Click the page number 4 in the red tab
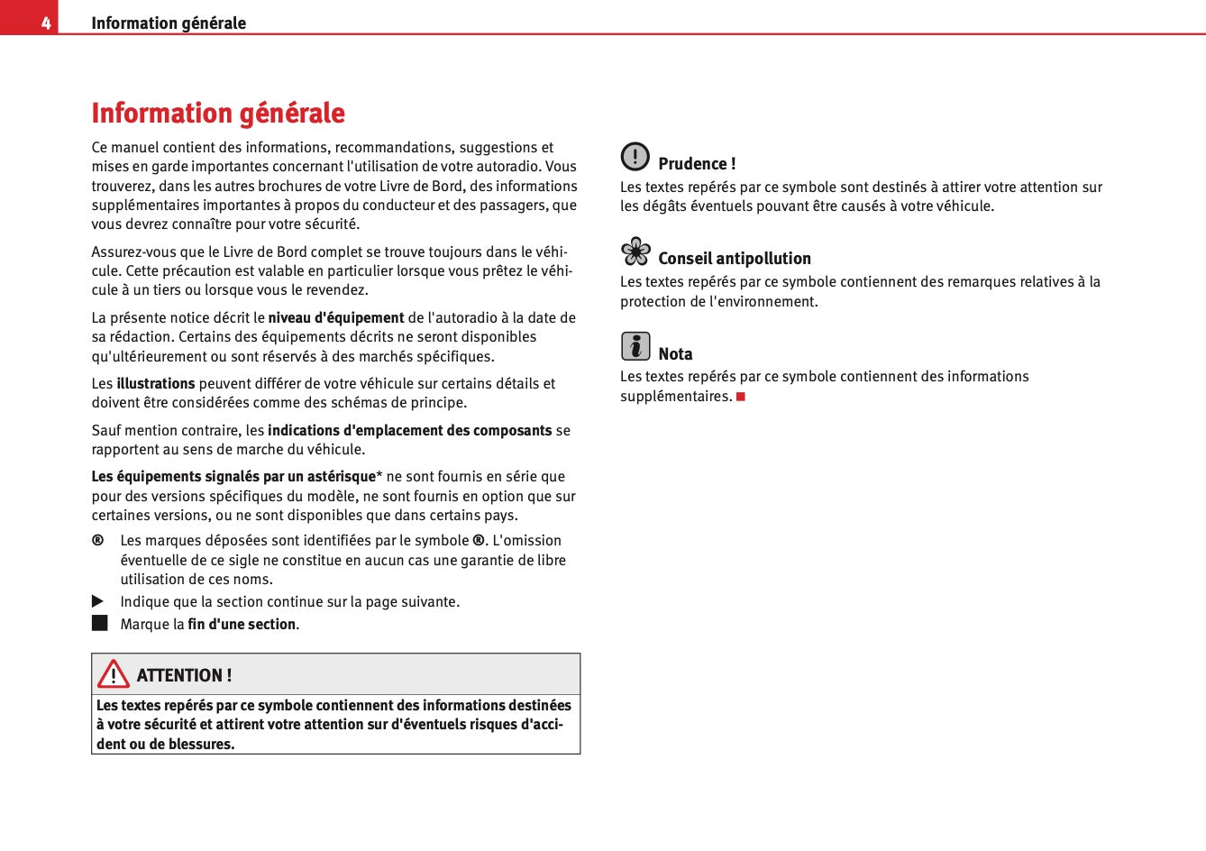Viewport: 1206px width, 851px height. tap(45, 23)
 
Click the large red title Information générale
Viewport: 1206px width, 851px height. tap(218, 114)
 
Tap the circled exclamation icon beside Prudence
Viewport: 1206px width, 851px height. tap(635, 157)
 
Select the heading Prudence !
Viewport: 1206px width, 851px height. tap(697, 164)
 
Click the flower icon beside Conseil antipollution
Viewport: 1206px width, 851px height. tap(635, 252)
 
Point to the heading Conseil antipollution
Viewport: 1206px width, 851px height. tap(735, 259)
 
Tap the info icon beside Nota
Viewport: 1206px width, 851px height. tap(635, 346)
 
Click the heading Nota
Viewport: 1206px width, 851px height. tap(675, 354)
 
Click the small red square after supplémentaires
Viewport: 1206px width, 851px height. tap(741, 397)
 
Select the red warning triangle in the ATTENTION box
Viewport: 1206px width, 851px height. tap(114, 674)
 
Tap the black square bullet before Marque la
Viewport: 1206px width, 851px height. tap(99, 623)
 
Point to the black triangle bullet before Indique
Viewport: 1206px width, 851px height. tap(98, 601)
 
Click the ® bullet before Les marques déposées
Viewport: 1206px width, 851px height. tap(97, 541)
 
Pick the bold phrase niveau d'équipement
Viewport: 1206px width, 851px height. tap(336, 318)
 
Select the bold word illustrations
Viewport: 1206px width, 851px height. tap(156, 384)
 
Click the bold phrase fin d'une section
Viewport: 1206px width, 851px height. tap(242, 625)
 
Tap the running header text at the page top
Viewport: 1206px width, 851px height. tap(169, 23)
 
